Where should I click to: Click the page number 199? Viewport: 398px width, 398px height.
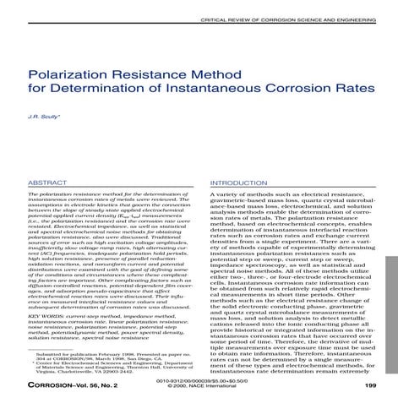click(x=369, y=384)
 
